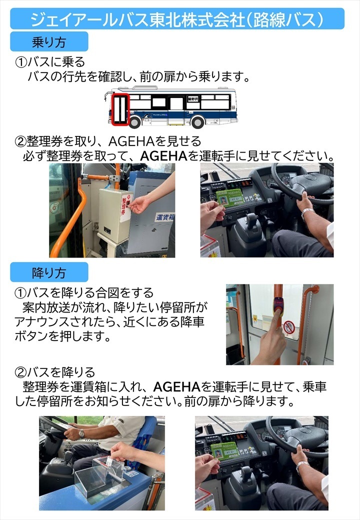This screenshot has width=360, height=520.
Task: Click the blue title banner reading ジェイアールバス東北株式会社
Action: point(177,18)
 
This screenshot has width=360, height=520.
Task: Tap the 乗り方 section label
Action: point(49,41)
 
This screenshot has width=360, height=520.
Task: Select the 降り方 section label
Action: point(49,272)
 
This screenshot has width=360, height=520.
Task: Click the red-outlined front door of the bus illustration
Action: point(120,109)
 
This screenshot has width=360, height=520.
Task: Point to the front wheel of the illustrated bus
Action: point(134,122)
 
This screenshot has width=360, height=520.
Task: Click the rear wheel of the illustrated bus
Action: point(197,122)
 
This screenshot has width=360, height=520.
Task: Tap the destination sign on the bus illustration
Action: point(192,99)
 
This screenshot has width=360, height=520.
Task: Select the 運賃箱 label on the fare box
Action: point(165,217)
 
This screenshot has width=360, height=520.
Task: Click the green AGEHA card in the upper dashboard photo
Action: point(230,198)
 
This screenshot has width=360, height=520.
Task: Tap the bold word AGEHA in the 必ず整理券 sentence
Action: point(164,156)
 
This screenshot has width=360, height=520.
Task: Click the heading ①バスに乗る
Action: point(50,62)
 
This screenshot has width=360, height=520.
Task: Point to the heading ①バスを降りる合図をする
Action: point(84,292)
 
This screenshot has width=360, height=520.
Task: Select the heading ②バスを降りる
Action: point(55,372)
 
